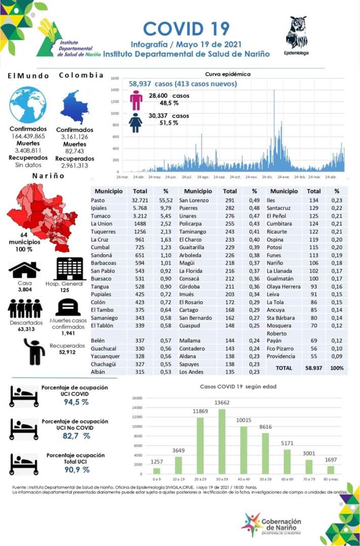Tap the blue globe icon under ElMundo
click(27, 105)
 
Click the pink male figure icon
click(136, 100)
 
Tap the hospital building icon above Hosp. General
click(70, 268)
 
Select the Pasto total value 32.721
click(140, 200)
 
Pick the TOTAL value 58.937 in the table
click(314, 369)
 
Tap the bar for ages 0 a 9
click(157, 471)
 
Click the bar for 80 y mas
click(331, 470)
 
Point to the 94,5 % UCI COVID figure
click(76, 402)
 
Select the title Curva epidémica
click(228, 74)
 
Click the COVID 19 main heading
click(186, 28)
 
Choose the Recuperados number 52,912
click(67, 352)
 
